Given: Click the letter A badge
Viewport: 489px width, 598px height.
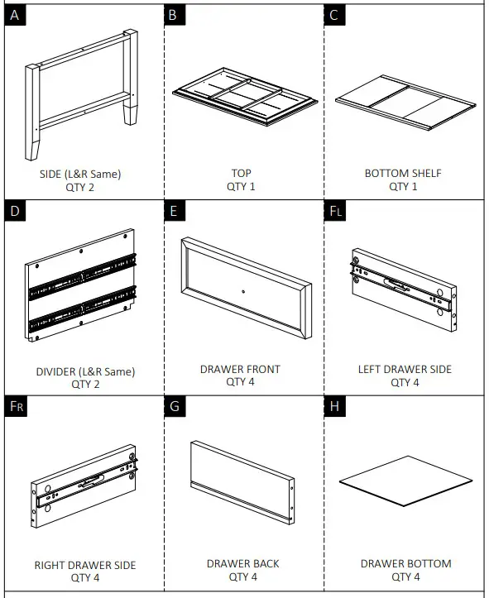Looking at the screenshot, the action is [15, 15].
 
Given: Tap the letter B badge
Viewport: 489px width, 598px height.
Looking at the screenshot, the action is [175, 15].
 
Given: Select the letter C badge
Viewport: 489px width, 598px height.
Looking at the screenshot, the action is [334, 15].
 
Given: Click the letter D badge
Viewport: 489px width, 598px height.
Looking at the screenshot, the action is [15, 211].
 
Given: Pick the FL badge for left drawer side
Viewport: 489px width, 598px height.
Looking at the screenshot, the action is [335, 211].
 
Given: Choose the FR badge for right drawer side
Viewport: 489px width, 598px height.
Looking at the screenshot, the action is [16, 406].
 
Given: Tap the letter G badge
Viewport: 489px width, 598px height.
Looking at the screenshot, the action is [175, 406].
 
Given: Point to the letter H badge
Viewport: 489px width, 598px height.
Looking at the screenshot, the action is [334, 406].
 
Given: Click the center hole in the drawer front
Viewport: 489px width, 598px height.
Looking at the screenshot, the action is [243, 292].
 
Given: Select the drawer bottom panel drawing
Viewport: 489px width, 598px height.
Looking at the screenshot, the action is [406, 481].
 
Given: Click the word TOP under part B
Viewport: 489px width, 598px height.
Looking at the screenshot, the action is [241, 173].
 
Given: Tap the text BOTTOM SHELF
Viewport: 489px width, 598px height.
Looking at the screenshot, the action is [403, 173].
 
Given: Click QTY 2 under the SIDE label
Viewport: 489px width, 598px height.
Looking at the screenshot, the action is [80, 187].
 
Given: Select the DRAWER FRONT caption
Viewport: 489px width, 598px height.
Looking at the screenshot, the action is [240, 369].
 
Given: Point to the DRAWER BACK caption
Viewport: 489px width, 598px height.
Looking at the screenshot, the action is [243, 564].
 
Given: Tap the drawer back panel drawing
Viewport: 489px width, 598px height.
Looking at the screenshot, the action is [242, 482].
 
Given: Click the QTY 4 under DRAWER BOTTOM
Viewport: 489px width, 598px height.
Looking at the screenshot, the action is [405, 576].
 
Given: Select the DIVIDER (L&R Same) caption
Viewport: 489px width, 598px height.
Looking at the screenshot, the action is [85, 371].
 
